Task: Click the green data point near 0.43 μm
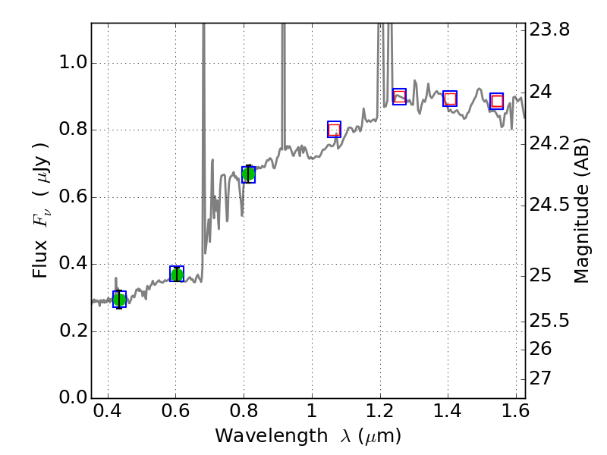pos(119,299)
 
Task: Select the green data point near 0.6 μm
pos(177,274)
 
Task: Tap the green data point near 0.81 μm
pos(248,174)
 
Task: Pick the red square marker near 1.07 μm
pos(334,130)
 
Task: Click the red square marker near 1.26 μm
pos(399,96)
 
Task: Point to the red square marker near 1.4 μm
pos(450,99)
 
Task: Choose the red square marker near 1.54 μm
pos(496,101)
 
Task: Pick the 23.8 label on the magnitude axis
pos(549,30)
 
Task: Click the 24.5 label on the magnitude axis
pos(549,205)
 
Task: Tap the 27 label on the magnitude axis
pos(543,378)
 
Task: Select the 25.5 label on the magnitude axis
pos(549,321)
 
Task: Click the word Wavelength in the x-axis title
pos(257,436)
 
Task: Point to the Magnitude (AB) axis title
pos(582,210)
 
